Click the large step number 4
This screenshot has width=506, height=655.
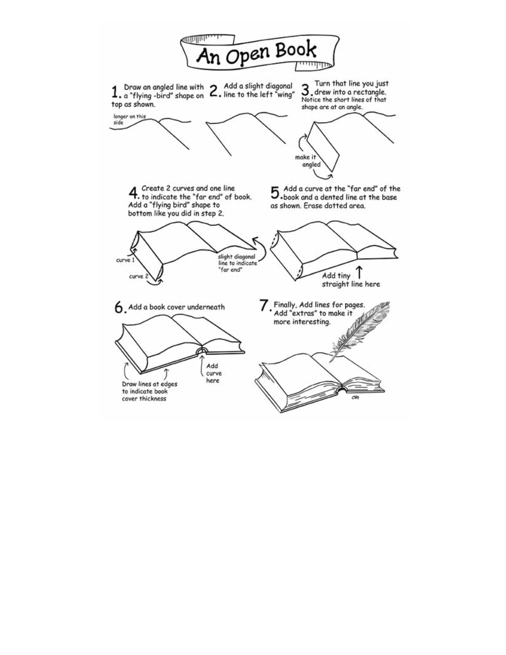pyautogui.click(x=133, y=193)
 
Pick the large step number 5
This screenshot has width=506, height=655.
pyautogui.click(x=275, y=193)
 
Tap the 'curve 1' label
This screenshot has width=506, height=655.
pyautogui.click(x=125, y=260)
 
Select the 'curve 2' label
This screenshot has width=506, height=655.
pyautogui.click(x=139, y=276)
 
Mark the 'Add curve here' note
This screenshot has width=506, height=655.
pyautogui.click(x=213, y=373)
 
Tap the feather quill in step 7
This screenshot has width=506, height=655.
pyautogui.click(x=360, y=330)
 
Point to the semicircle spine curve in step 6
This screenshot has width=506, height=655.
pyautogui.click(x=201, y=351)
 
